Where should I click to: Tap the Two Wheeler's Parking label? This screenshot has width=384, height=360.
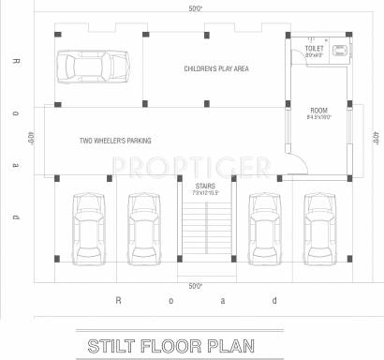coord(116,141)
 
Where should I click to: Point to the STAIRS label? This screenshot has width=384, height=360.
coord(206,187)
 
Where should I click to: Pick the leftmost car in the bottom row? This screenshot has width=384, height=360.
coord(88,224)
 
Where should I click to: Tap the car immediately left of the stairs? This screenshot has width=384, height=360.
coord(143,224)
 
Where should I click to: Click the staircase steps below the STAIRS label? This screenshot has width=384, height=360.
coord(206,234)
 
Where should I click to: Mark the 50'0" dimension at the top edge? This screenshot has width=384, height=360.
coord(195,8)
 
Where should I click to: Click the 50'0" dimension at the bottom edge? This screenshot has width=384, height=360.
coord(195,285)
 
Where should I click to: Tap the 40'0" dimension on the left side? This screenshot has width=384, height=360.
coord(31,138)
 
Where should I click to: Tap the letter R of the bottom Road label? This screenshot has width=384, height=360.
coord(118,301)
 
